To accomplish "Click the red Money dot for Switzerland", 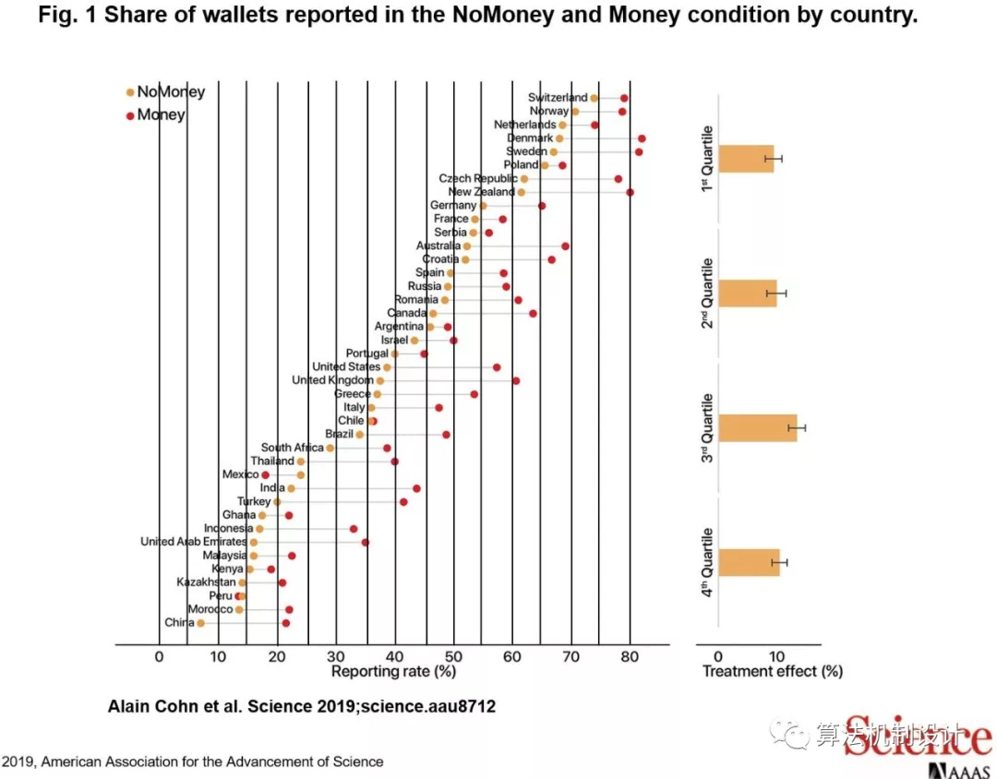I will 624,98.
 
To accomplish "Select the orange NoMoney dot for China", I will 200,623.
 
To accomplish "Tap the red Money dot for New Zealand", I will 630,192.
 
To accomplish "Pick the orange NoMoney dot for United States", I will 387,367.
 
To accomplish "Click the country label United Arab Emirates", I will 193,542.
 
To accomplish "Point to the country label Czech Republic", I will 477,178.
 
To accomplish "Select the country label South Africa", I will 292,448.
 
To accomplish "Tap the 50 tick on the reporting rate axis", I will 453,656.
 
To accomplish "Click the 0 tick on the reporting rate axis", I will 159,656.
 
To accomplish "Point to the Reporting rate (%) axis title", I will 393,672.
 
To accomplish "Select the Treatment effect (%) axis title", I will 773,672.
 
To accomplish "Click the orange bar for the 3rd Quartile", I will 757,428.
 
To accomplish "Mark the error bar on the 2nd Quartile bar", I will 776,294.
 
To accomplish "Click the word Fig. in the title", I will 57,16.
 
